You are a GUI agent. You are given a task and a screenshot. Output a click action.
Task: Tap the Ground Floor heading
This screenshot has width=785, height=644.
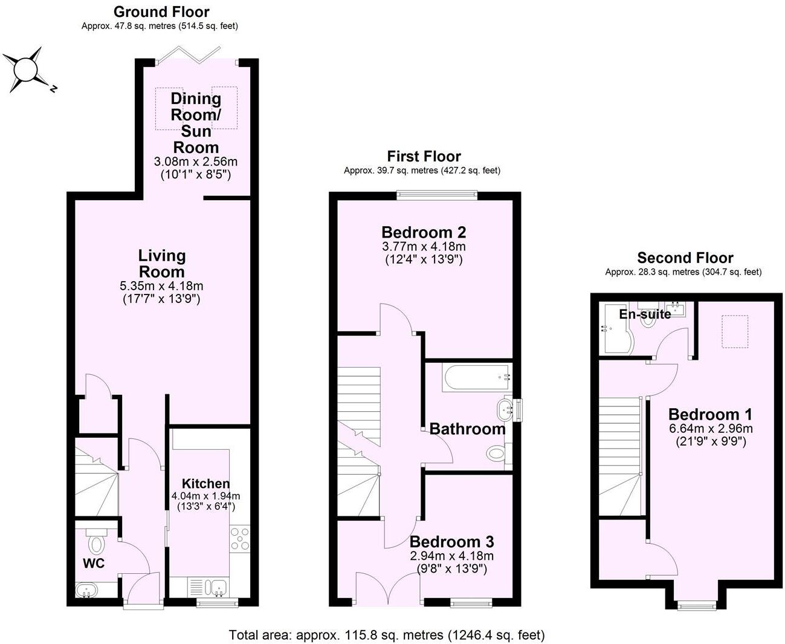point(161,11)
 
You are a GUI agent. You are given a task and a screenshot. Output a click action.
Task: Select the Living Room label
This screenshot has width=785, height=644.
point(161,264)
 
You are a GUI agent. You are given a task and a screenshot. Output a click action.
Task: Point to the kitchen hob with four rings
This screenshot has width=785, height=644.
point(240,539)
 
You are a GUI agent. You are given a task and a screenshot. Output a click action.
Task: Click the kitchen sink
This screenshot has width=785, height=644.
point(216,587)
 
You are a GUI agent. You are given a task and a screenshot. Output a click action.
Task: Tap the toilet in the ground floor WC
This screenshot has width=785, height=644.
point(96,542)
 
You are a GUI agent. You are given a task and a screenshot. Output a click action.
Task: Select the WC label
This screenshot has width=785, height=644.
point(94,564)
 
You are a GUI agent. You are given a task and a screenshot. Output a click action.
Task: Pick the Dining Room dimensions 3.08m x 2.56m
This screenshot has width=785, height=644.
point(196,161)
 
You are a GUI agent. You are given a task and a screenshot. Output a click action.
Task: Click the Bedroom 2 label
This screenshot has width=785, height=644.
point(424,232)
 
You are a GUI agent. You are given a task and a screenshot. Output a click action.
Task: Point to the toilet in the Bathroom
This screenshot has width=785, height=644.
point(497,453)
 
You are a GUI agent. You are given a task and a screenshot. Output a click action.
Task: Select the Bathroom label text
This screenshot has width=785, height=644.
point(467,429)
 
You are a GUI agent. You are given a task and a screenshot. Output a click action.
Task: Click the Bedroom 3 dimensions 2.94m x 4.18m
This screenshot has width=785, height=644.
point(452,556)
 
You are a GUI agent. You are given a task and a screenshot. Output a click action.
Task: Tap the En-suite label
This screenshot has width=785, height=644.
point(645,314)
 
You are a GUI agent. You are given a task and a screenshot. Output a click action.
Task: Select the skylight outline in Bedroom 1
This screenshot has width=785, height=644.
point(735,331)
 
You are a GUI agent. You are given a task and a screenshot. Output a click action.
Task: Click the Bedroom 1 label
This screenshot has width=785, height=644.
point(710,414)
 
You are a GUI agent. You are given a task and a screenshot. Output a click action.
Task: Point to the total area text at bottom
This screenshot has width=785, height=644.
point(387,635)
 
